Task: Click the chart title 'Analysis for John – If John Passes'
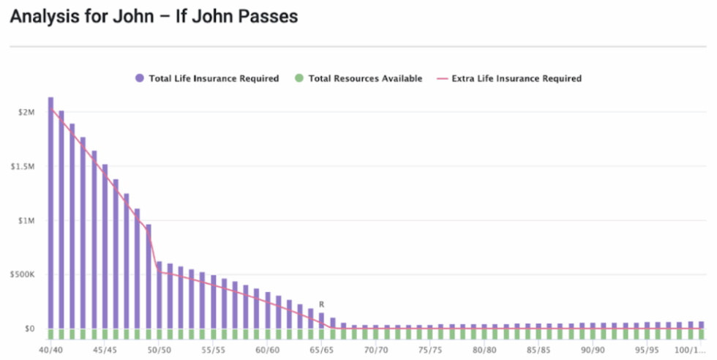154,17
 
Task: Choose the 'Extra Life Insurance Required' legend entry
517,78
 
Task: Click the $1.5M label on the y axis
25,166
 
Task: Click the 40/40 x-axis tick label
51,350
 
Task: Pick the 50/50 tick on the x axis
159,350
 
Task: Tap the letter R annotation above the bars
321,304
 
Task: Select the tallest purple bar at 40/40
50,212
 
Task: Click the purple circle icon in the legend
139,78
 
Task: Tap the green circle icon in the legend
299,78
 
